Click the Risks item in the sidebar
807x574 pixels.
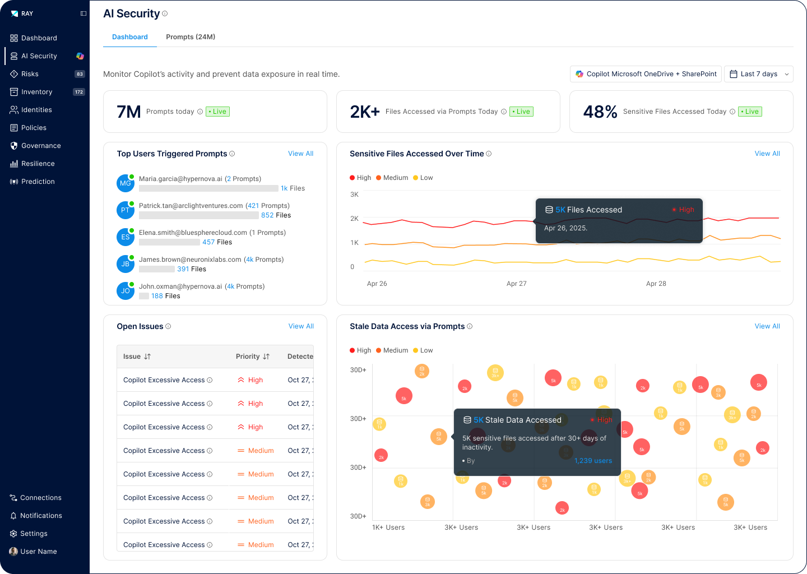[30, 74]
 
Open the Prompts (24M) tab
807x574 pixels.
[191, 37]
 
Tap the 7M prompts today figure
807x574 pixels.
[128, 112]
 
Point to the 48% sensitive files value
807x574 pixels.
[600, 112]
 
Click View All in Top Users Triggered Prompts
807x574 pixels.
[300, 154]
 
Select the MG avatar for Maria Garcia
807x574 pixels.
[125, 183]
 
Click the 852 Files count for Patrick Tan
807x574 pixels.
[276, 215]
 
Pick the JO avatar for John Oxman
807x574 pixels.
[125, 291]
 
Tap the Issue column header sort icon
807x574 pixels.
[147, 357]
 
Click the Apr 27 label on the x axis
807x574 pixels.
[516, 284]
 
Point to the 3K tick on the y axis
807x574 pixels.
[354, 195]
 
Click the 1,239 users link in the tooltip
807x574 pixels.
[593, 461]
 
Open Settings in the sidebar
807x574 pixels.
[34, 534]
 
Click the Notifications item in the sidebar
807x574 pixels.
[41, 516]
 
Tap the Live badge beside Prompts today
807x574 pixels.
[217, 112]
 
